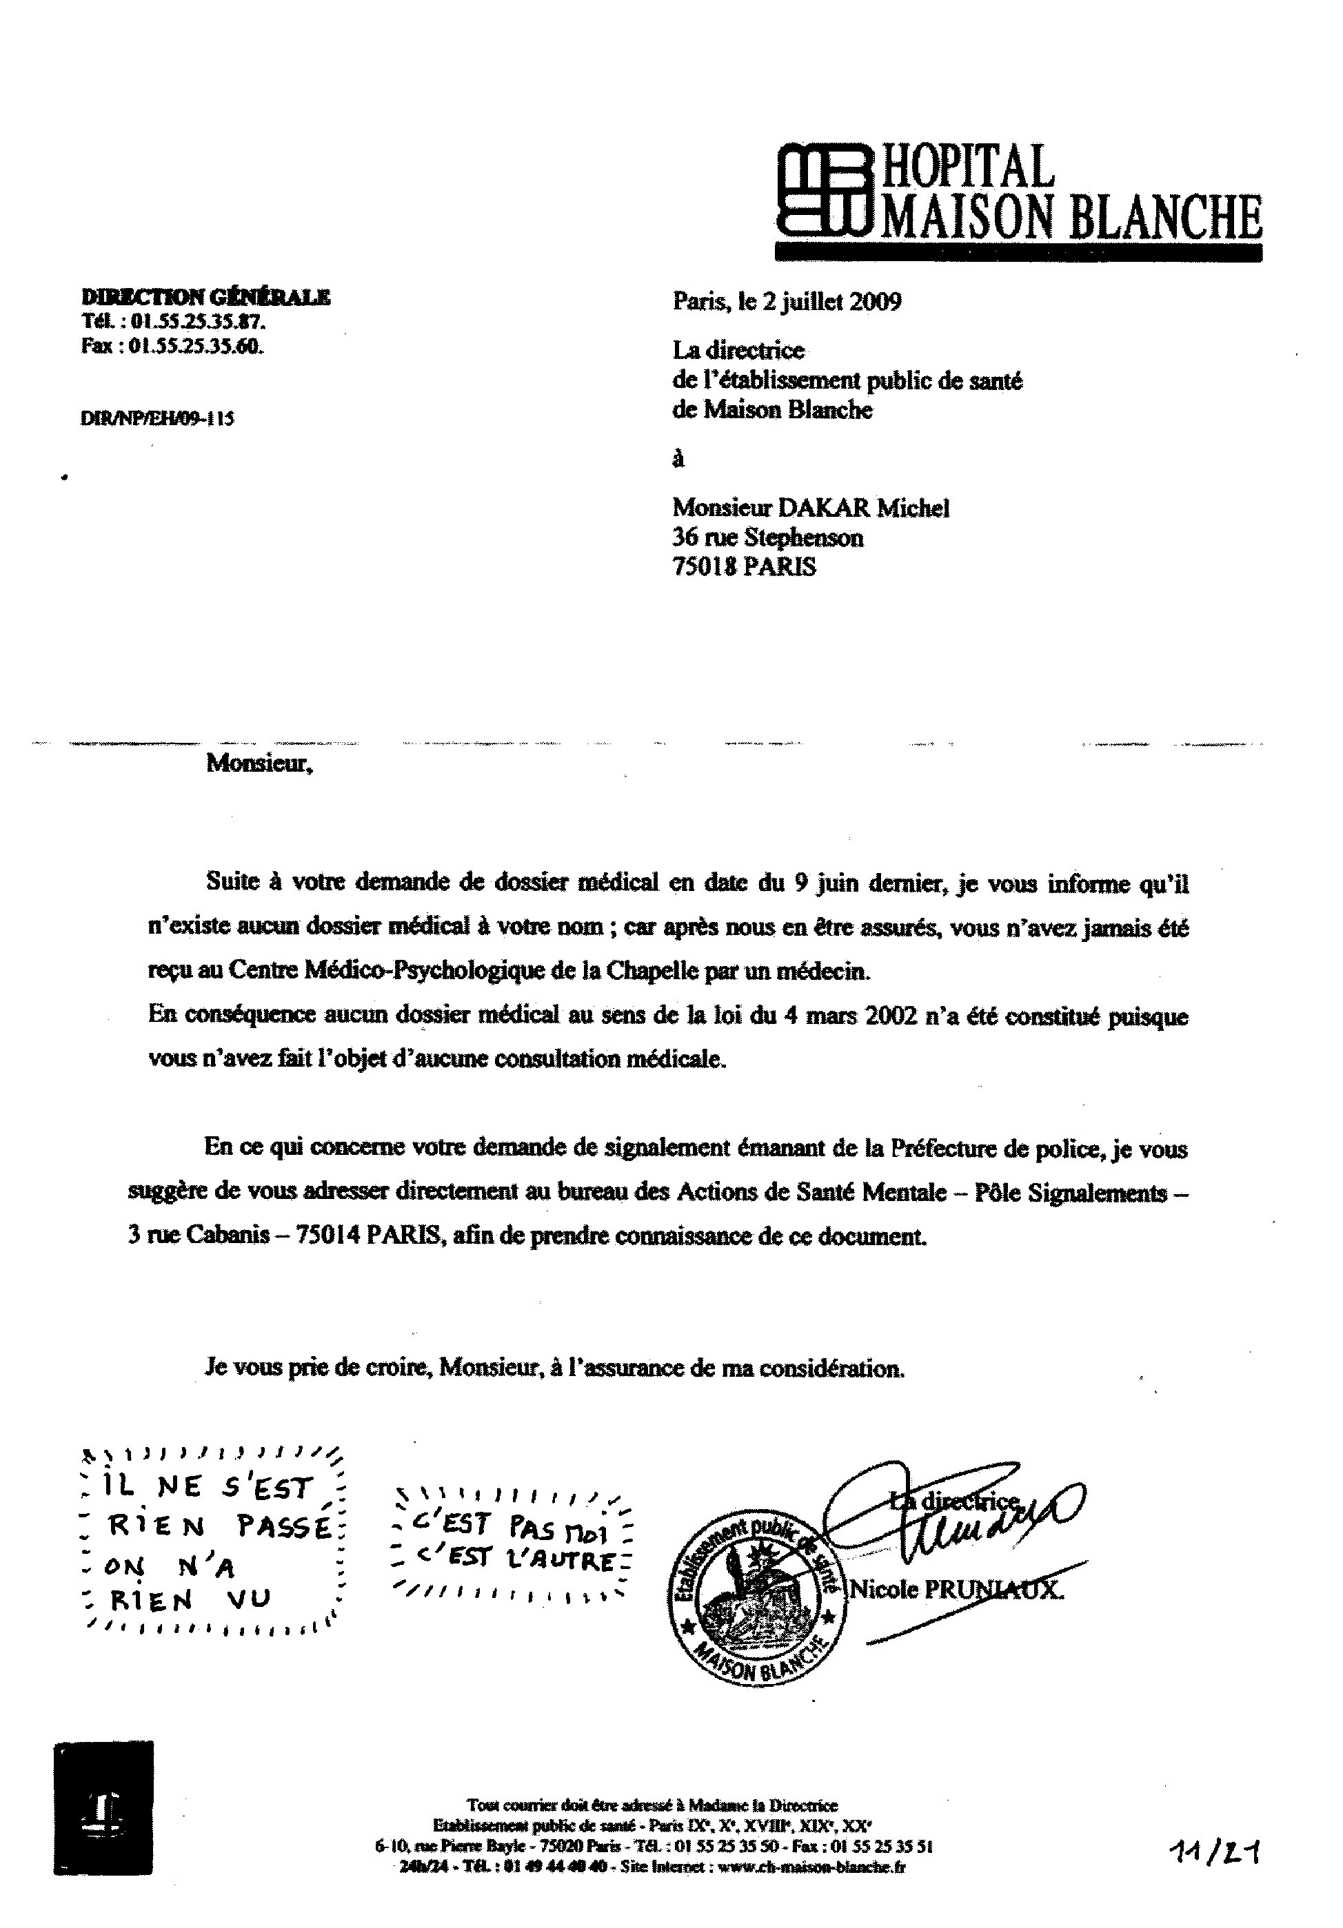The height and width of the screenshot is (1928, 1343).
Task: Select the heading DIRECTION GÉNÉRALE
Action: (205, 296)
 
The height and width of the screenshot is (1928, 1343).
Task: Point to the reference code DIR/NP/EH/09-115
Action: (157, 418)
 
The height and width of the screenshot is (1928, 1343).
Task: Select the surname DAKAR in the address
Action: (823, 508)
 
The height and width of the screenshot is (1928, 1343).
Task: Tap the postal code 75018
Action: (705, 567)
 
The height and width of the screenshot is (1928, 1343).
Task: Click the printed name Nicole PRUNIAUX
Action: (956, 1589)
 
